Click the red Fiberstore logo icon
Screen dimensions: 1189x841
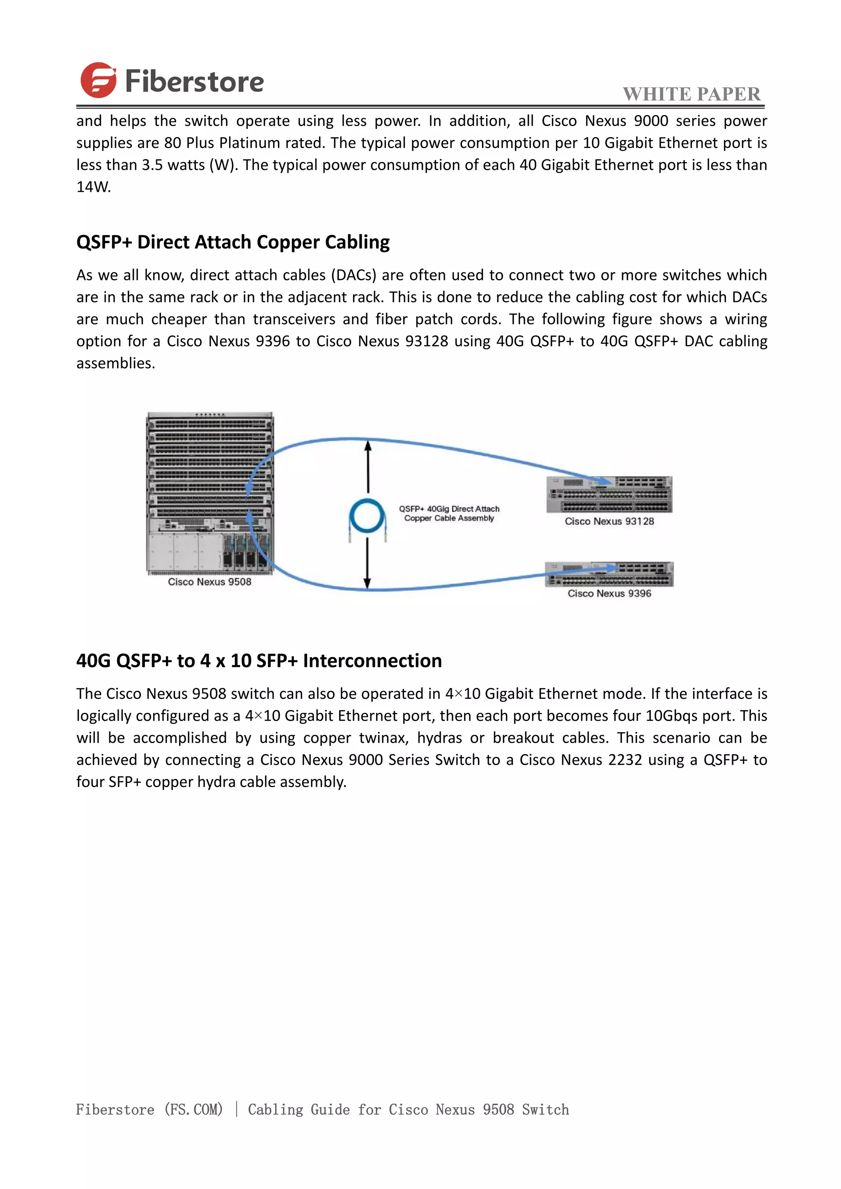99,80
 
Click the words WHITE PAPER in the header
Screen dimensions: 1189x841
692,94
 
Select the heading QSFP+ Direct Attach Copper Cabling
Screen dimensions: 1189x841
232,242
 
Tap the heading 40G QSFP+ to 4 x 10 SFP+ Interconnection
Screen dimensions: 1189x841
259,661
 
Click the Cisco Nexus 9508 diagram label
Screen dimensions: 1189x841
209,582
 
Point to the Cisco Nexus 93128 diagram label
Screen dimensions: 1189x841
609,521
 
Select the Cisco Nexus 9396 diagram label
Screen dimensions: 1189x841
609,593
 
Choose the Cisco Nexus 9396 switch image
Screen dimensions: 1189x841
609,574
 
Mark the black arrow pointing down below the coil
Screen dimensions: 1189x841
367,563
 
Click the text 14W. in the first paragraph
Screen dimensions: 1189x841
94,187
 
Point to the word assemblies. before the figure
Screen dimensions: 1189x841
115,363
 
